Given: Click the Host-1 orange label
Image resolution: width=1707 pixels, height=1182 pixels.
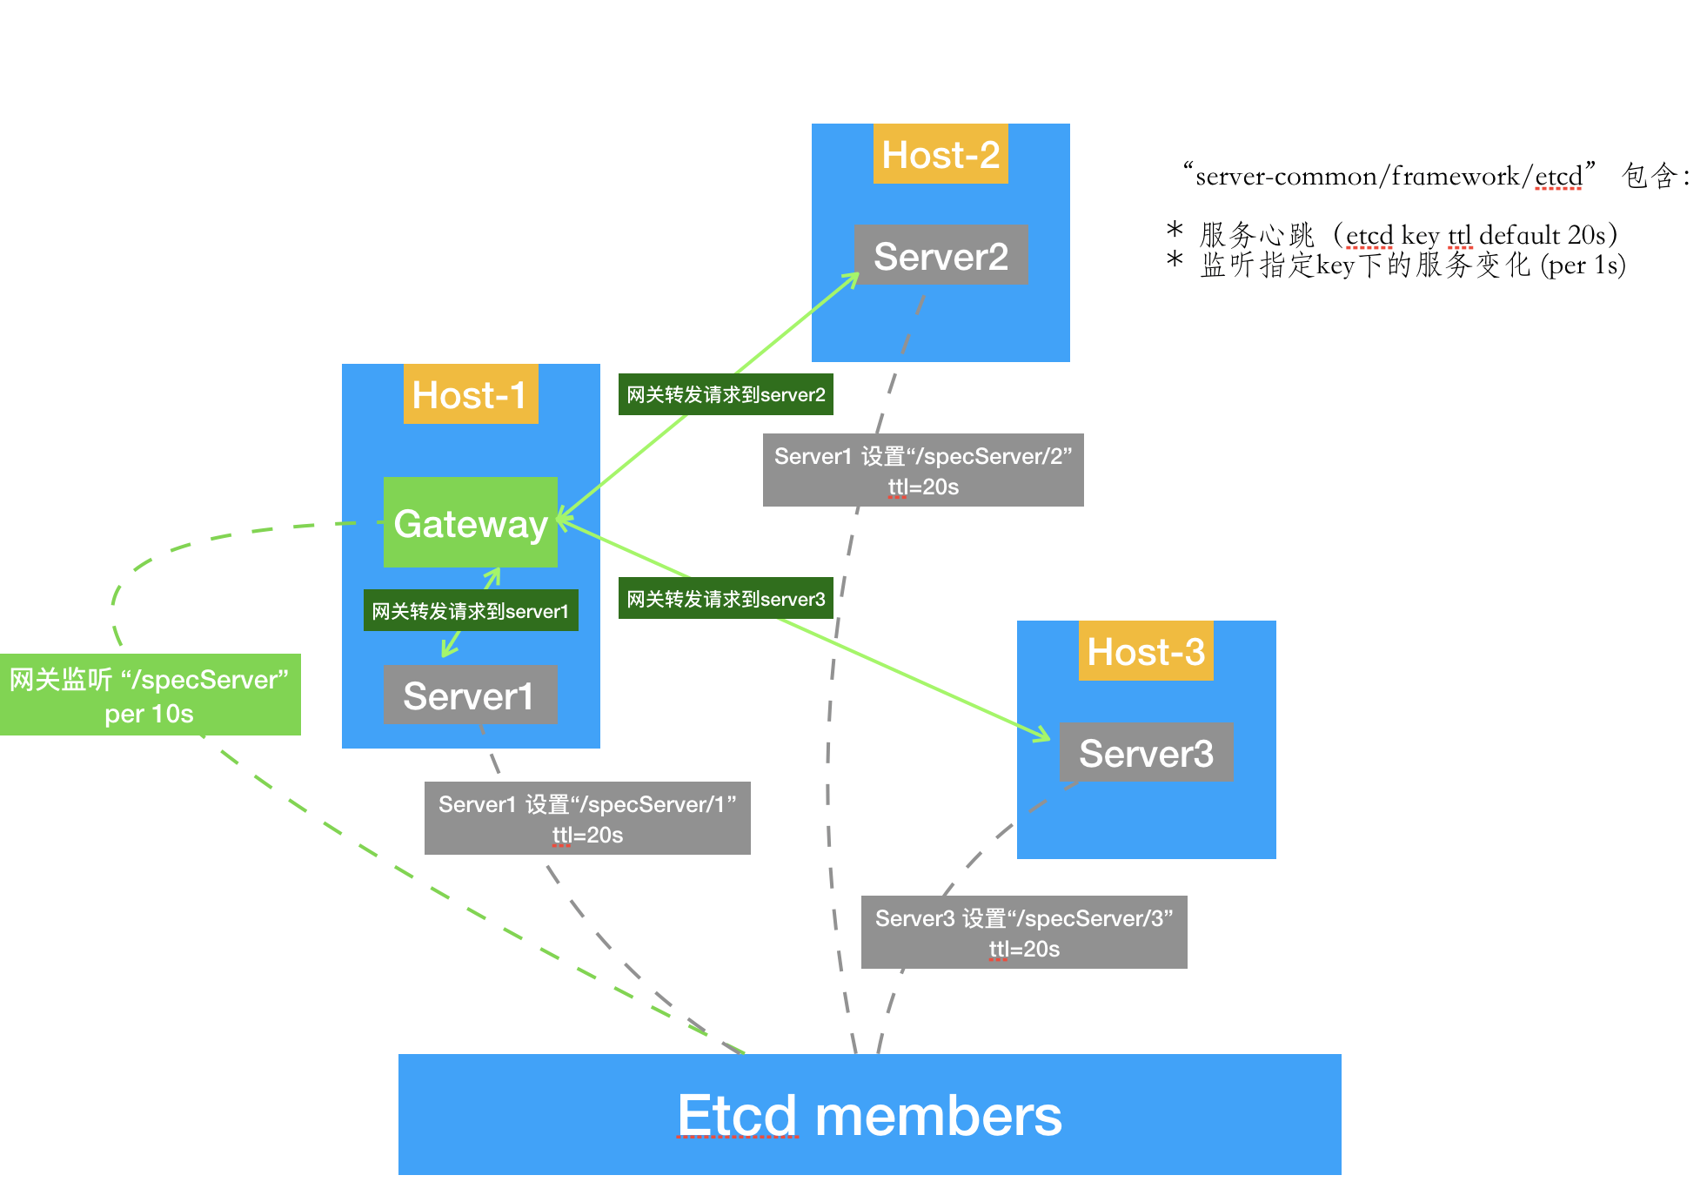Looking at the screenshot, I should tap(470, 394).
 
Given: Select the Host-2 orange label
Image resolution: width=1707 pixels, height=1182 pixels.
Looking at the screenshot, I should tap(940, 154).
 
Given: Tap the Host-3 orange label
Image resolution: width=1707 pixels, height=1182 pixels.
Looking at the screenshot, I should tap(1145, 651).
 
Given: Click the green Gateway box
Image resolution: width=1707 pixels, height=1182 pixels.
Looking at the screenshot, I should tap(470, 522).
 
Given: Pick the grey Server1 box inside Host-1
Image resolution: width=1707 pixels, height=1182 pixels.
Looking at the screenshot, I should tap(470, 695).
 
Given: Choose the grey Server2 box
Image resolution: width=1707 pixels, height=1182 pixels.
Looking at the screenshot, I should tap(940, 255).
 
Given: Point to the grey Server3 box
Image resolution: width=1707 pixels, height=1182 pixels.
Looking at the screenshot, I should tap(1145, 752).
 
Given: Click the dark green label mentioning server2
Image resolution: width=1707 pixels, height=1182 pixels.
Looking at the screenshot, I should tap(725, 394).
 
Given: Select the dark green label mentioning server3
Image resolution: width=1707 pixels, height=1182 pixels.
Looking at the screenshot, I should tap(725, 599).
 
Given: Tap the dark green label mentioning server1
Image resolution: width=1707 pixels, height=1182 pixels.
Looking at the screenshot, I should tap(470, 611).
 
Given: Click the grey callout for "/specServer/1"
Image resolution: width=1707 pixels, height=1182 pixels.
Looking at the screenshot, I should tap(586, 818).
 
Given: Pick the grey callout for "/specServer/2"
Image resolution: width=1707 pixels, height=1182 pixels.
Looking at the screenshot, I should tap(922, 470).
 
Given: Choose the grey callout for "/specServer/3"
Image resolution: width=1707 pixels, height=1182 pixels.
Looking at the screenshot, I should tap(1023, 932).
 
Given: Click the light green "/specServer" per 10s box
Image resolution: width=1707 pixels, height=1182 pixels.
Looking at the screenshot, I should tap(150, 695).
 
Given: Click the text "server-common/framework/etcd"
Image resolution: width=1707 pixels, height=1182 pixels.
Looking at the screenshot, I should tap(1388, 177).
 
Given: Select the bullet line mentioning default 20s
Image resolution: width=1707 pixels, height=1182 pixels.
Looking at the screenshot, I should tap(1392, 235).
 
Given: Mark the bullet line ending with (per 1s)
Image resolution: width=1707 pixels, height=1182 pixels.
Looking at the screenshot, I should tap(1396, 265).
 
